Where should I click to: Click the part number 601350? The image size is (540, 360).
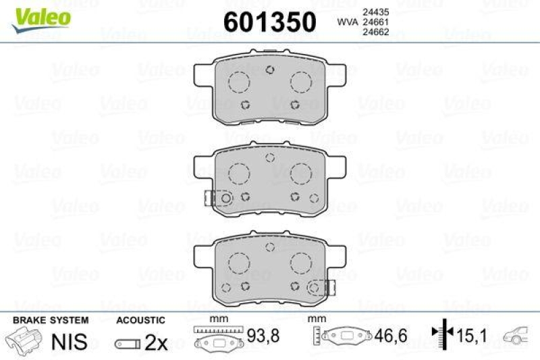point(269,22)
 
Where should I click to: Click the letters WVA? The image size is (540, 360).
point(347,22)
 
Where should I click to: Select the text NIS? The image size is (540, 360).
point(70,341)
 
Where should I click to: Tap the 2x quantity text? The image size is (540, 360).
point(156,342)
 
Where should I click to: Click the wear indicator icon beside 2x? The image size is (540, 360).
point(128,344)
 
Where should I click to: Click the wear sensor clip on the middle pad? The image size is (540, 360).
point(211,197)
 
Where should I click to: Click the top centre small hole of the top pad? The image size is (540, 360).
point(269,70)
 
